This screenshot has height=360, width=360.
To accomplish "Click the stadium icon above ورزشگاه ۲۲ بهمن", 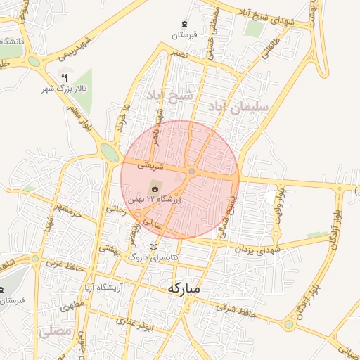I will pos(155,188).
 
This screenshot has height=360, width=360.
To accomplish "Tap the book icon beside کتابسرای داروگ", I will pos(154,247).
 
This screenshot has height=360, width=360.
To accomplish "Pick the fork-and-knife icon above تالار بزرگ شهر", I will pos(64,77).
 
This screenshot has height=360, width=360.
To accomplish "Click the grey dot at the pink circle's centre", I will pos(191,172).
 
